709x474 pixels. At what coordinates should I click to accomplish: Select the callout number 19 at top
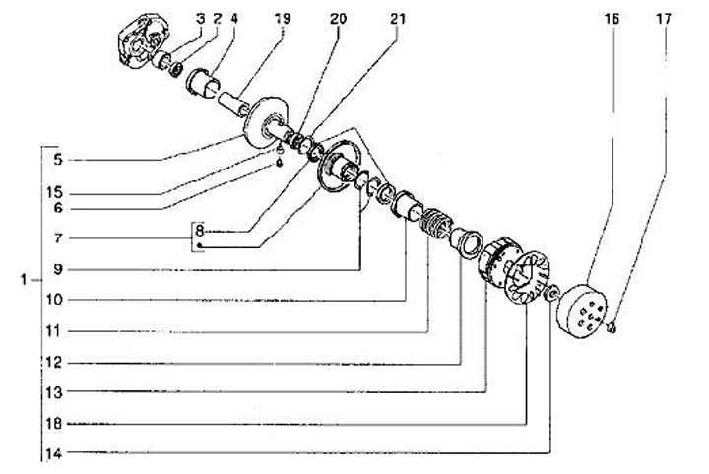283,18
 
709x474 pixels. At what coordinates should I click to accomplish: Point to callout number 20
339,18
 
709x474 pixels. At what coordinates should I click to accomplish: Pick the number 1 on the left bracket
21,281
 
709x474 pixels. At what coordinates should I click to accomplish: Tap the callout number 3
200,18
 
